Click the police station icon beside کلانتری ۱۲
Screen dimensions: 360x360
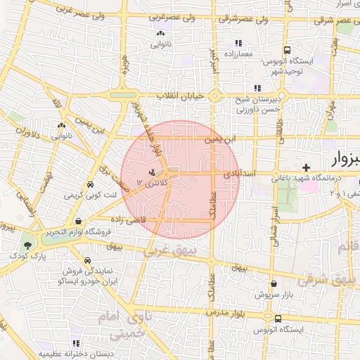(151, 172)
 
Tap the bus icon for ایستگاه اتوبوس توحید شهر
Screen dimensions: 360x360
(288, 50)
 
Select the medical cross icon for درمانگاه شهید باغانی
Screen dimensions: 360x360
(306, 167)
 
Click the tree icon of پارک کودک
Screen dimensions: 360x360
(27, 245)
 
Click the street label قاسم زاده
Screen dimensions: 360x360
(127, 219)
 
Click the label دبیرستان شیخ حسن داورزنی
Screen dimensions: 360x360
(257, 105)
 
